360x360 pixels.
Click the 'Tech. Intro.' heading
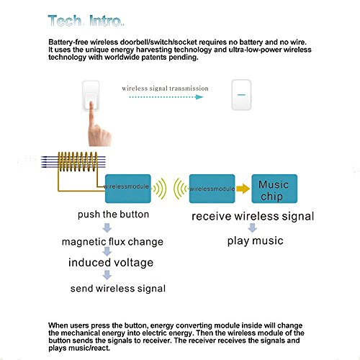(x=86, y=21)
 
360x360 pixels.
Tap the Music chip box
(x=274, y=189)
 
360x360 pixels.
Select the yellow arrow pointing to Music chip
(x=243, y=189)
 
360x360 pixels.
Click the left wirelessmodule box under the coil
(x=128, y=189)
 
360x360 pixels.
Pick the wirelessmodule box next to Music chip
(x=212, y=189)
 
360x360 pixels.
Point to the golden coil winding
(x=78, y=162)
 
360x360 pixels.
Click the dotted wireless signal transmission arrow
(x=166, y=97)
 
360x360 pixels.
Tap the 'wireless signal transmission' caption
(x=165, y=89)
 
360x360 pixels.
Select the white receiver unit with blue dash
(x=241, y=95)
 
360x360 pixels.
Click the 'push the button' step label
(x=113, y=215)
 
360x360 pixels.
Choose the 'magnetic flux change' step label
(x=112, y=242)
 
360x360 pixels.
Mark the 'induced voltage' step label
(x=111, y=263)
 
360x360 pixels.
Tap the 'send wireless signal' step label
(x=118, y=289)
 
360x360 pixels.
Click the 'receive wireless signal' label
(x=253, y=216)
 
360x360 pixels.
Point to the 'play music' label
(x=256, y=240)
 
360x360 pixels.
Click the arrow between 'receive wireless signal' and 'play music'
(x=252, y=228)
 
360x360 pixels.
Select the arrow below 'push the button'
(x=107, y=228)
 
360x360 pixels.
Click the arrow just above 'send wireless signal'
(x=107, y=275)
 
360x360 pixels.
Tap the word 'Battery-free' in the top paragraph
(x=68, y=42)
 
